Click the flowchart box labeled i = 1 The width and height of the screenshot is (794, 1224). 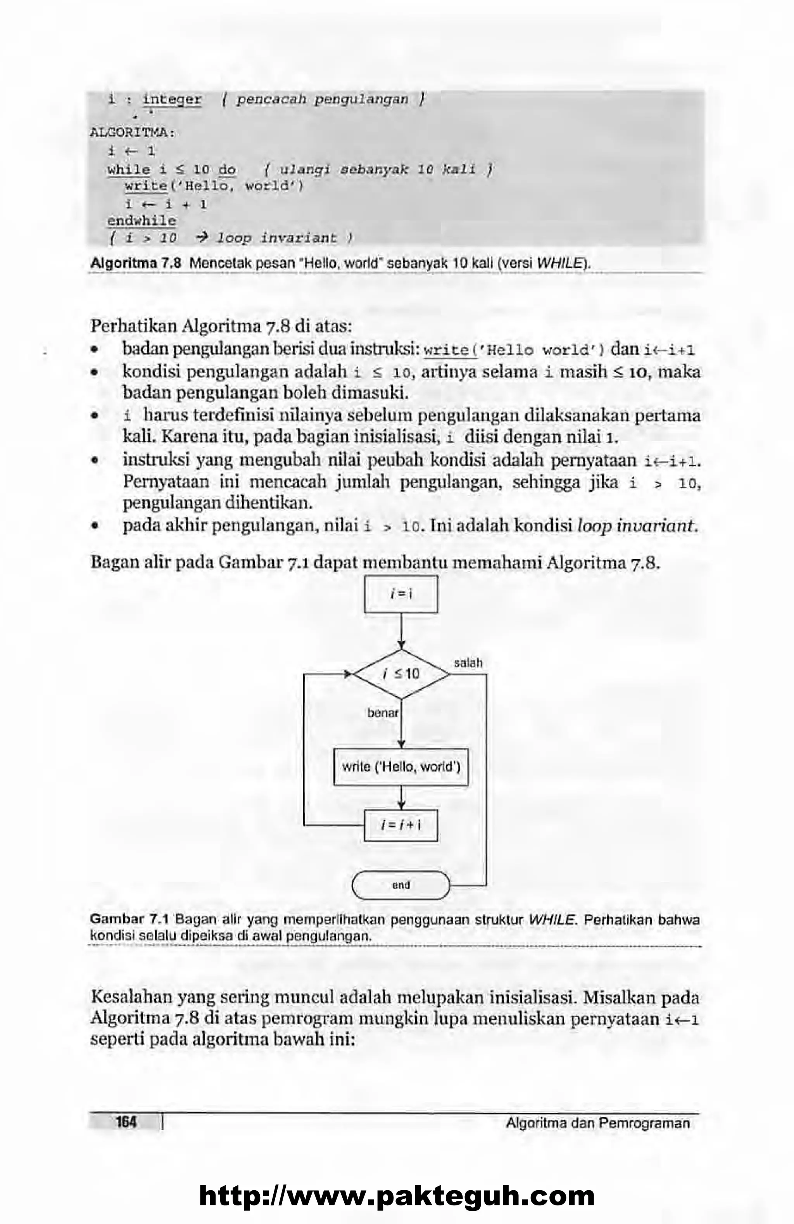click(x=401, y=594)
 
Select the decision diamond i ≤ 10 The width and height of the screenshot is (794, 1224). click(x=401, y=674)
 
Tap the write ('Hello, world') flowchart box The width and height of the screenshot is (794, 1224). click(x=401, y=767)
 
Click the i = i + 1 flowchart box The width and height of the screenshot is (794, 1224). click(x=401, y=825)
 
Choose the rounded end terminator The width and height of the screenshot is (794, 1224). click(x=401, y=885)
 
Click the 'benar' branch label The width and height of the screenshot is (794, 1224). click(x=383, y=713)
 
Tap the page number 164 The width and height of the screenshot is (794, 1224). click(x=126, y=1122)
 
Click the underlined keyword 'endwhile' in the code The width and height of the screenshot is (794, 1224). click(x=142, y=221)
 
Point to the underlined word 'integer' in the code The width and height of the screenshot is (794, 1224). click(x=172, y=99)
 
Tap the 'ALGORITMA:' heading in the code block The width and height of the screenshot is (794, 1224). click(x=133, y=133)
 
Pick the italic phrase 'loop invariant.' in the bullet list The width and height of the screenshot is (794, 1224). click(x=638, y=526)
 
